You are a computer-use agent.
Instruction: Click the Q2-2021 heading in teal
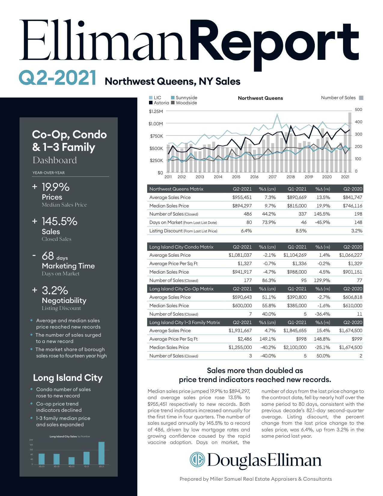click(57, 78)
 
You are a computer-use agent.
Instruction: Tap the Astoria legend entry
click(159, 103)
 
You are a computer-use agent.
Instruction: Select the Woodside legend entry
click(184, 103)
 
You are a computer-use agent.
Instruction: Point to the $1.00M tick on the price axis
click(156, 124)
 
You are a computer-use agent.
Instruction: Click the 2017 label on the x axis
click(272, 177)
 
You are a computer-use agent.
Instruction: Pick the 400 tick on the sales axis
click(358, 122)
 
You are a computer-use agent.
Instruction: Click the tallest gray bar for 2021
click(350, 141)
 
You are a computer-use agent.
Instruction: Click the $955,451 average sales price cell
click(242, 197)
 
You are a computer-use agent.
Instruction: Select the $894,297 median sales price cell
click(242, 206)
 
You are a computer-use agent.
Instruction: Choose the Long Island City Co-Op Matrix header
click(181, 289)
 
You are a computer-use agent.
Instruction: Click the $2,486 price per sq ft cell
click(245, 339)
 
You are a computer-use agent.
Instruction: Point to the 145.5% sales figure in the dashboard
click(59, 222)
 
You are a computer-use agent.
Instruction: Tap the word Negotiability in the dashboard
click(64, 301)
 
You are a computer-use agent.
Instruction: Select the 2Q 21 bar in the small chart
click(102, 453)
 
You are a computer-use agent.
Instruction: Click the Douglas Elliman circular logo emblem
click(197, 460)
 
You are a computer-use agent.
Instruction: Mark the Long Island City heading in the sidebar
click(68, 378)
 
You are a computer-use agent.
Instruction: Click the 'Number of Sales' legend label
click(338, 98)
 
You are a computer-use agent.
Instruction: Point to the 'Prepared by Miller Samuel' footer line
click(256, 479)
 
